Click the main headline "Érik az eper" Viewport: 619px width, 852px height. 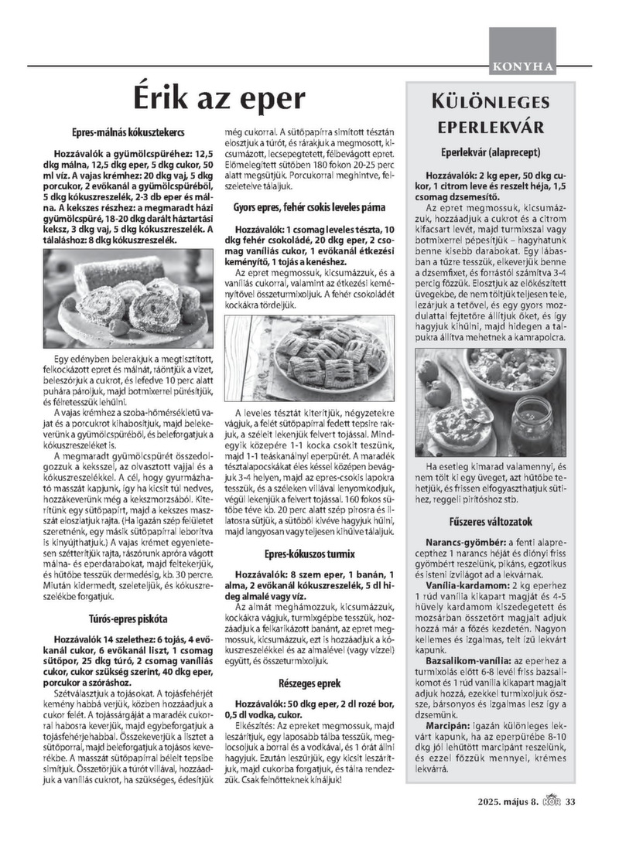point(218,100)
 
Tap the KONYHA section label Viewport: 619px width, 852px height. point(522,66)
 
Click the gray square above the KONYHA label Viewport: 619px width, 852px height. point(522,43)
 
